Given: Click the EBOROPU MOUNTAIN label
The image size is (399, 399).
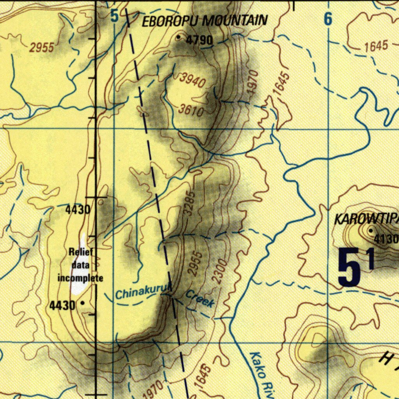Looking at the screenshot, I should [204, 21].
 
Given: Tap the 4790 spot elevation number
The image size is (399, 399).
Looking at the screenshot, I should [199, 40].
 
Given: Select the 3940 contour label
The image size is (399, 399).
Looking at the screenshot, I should [192, 81].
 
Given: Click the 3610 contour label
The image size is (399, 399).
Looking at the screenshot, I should [191, 111].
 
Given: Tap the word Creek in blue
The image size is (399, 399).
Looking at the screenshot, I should [200, 298].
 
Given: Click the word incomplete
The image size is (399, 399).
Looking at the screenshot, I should [81, 278].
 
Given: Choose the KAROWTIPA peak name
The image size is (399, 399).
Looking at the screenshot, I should [366, 219].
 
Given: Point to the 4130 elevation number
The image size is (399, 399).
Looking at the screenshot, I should [386, 238].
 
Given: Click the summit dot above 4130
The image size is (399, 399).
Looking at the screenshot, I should [370, 230].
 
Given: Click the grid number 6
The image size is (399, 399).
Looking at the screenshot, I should [328, 18].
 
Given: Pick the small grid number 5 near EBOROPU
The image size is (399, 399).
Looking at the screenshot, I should [114, 16].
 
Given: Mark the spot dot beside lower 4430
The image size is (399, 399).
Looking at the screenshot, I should [83, 302].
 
